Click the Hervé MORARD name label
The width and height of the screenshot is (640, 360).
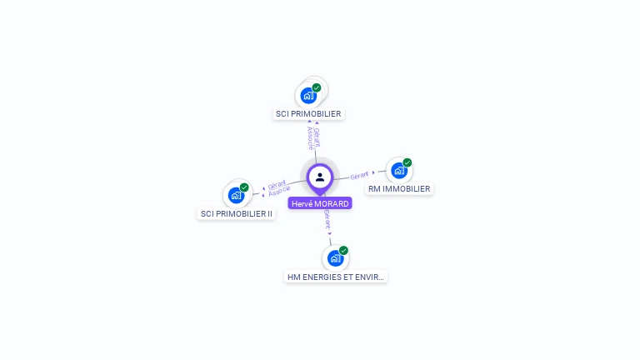[320, 203]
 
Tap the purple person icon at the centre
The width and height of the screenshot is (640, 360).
[320, 177]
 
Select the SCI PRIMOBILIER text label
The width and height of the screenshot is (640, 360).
[308, 113]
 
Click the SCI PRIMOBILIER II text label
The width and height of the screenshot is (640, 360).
[237, 213]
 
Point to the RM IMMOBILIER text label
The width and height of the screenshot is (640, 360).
[399, 188]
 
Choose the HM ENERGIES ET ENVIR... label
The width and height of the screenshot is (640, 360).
[336, 277]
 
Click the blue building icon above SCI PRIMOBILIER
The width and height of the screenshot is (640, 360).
[308, 95]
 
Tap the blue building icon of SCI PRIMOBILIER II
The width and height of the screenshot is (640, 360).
[237, 196]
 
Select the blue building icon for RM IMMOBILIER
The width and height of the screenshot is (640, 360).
[399, 171]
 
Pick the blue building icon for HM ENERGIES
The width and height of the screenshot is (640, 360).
[335, 258]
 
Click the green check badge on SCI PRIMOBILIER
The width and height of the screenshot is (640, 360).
[317, 87]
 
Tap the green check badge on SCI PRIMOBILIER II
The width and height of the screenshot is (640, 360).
[244, 187]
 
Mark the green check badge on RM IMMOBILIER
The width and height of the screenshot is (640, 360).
[407, 162]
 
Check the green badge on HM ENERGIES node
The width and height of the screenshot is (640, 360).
[343, 250]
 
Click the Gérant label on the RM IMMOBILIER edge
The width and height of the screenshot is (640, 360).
[359, 176]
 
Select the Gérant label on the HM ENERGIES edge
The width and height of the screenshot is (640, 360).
[327, 219]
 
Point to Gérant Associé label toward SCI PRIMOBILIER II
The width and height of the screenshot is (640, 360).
[278, 188]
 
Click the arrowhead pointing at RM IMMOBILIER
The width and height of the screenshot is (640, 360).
[374, 173]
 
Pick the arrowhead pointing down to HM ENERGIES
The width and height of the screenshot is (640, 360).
[330, 234]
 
